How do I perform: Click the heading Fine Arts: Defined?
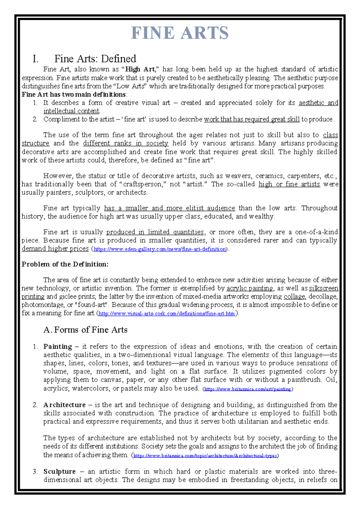pos(95,59)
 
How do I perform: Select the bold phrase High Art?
pos(140,69)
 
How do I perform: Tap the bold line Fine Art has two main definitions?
pos(73,94)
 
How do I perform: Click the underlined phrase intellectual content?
pos(71,111)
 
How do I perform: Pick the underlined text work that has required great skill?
pos(252,119)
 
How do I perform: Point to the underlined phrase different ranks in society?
pos(125,143)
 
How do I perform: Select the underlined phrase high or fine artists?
pos(289,184)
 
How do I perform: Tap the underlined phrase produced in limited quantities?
pos(155,232)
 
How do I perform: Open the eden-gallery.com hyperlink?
pos(160,249)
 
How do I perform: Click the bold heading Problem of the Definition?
pos(65,264)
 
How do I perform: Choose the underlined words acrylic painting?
pos(250,288)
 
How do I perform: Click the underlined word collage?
pos(294,297)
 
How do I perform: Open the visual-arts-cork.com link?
pos(166,314)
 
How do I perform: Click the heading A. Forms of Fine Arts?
pos(85,330)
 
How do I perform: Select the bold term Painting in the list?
pos(58,347)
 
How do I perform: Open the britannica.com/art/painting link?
pos(248,389)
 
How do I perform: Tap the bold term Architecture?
pos(64,405)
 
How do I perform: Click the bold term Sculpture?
pos(59,471)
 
